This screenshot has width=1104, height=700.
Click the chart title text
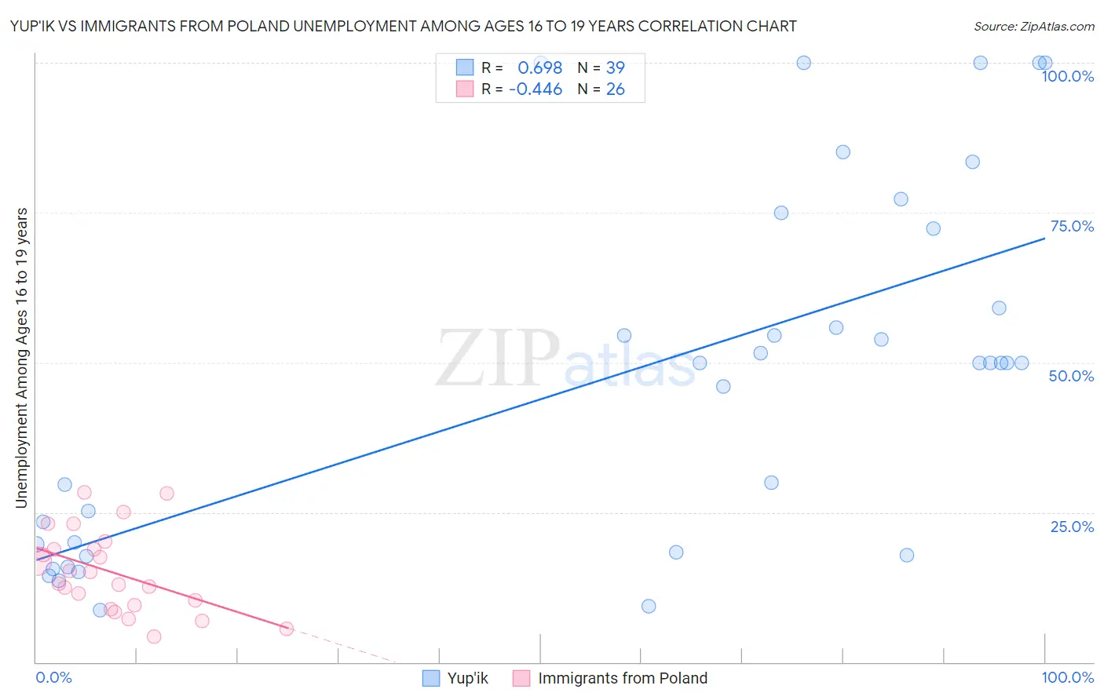(403, 26)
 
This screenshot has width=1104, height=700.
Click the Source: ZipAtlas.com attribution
(1033, 26)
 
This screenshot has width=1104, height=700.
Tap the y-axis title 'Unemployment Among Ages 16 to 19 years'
(22, 358)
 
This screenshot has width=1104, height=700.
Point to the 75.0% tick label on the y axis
(1072, 226)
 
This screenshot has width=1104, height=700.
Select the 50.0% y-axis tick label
(1071, 376)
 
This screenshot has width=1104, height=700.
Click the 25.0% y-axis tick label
(1072, 527)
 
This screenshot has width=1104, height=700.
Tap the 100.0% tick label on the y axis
(1067, 76)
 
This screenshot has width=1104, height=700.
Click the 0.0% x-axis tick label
(53, 677)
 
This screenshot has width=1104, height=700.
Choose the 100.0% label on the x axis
(1067, 677)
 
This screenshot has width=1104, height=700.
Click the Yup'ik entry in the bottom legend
(455, 678)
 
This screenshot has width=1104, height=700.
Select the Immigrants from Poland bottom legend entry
(610, 678)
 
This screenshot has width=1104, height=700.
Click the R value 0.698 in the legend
(539, 67)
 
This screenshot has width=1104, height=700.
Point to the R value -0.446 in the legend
(536, 89)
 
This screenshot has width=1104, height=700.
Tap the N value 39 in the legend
(615, 67)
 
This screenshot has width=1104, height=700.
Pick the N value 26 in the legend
(615, 89)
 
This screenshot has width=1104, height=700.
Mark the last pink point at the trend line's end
(287, 629)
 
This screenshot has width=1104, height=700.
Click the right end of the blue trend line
(1044, 238)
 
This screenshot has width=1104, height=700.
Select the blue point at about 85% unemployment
(843, 152)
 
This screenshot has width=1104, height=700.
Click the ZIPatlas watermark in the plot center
(565, 359)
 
